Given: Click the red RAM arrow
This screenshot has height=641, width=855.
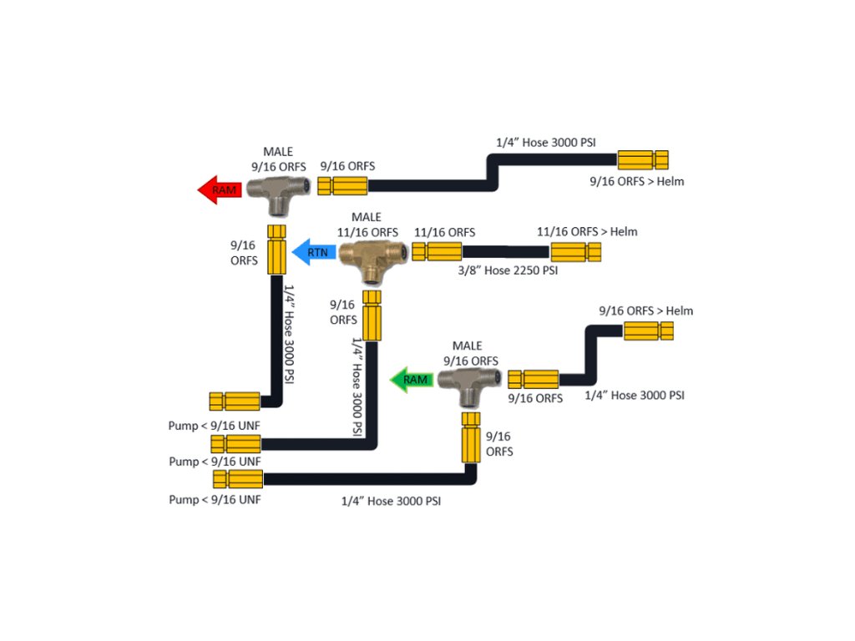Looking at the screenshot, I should tap(220, 189).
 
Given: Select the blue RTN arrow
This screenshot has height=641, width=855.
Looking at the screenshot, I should tap(311, 250).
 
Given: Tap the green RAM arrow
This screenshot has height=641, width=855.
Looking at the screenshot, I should tap(413, 380).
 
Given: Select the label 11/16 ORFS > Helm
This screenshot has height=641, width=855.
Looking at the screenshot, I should tap(587, 231).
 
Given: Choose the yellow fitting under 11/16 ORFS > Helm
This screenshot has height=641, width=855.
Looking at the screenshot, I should tap(575, 251).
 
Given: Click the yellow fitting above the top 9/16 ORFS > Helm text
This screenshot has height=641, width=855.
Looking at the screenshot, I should tap(643, 159).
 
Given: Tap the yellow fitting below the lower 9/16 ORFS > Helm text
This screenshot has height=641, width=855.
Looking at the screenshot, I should tap(648, 331).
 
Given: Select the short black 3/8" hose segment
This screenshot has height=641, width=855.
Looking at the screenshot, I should tap(505, 251).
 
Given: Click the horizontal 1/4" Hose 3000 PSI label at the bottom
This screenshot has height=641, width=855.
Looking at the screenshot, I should tap(391, 502).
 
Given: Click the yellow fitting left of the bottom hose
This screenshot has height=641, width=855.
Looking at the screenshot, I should tap(238, 479).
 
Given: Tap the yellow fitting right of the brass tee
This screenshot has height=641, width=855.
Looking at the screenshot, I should tap(437, 251).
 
